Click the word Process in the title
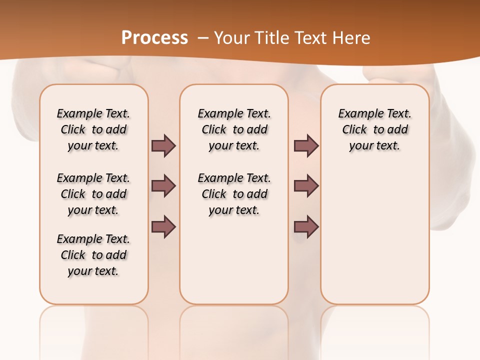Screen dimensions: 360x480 click(154, 38)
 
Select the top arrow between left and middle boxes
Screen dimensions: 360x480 click(163, 145)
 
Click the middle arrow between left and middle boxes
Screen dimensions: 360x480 click(163, 186)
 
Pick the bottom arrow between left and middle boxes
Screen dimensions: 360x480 click(163, 226)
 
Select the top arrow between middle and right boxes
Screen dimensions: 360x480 click(306, 145)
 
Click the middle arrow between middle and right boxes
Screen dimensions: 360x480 click(306, 186)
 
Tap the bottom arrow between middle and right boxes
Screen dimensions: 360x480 click(306, 226)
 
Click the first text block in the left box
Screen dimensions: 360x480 click(93, 129)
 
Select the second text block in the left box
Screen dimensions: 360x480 click(93, 194)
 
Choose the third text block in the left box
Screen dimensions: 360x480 click(93, 255)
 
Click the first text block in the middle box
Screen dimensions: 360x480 click(234, 129)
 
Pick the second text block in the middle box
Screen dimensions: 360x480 click(234, 194)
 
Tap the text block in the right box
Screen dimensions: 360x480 click(374, 129)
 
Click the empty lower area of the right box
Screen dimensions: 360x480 click(374, 235)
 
